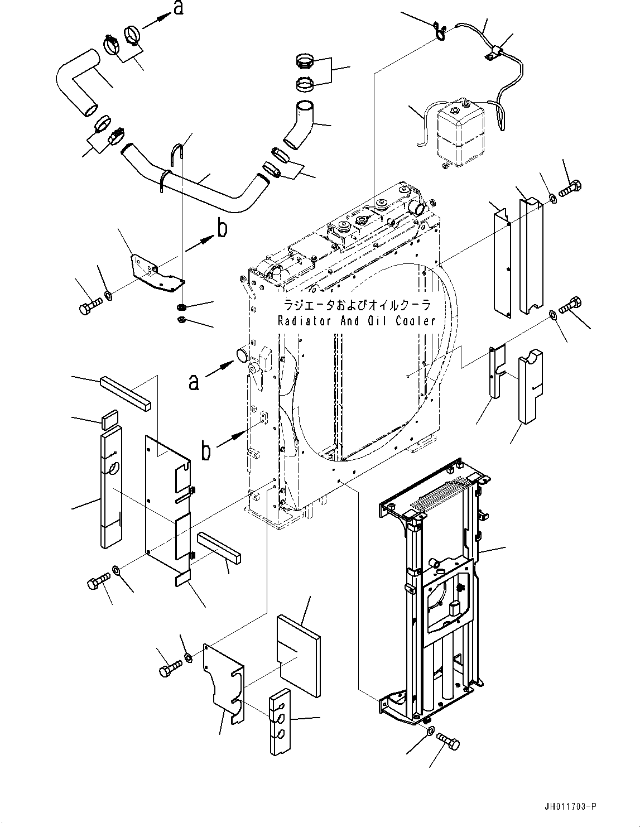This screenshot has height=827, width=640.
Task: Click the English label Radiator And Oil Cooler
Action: click(x=356, y=321)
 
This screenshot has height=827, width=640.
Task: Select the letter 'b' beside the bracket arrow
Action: click(x=222, y=230)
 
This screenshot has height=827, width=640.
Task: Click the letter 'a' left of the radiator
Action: click(x=193, y=382)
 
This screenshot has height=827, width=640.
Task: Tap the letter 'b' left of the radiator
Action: click(x=206, y=451)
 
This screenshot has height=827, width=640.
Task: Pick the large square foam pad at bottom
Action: click(x=300, y=656)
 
